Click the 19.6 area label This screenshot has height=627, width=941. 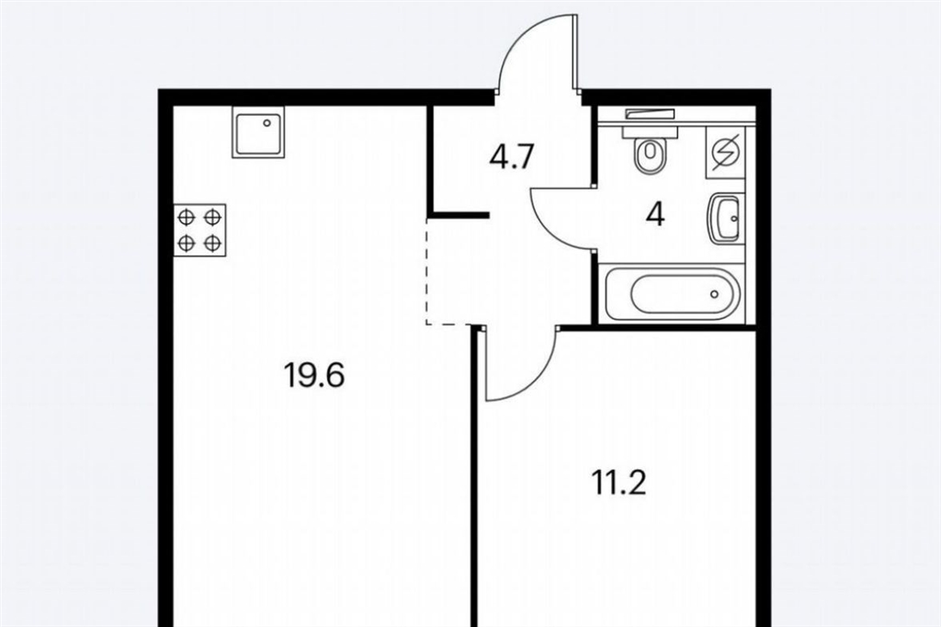(x=314, y=376)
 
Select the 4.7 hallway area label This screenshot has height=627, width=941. (x=512, y=158)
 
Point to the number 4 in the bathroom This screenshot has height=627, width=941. (x=655, y=215)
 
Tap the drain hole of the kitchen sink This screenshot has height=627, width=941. (x=267, y=122)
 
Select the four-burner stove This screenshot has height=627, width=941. (x=199, y=231)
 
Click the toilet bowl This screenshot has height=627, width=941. (x=649, y=156)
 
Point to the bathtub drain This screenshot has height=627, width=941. (x=713, y=294)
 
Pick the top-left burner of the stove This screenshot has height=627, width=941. (x=187, y=217)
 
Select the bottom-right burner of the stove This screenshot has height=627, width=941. (x=212, y=244)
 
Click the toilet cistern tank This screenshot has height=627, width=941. (x=650, y=131)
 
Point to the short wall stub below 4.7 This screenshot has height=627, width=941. (x=459, y=214)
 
